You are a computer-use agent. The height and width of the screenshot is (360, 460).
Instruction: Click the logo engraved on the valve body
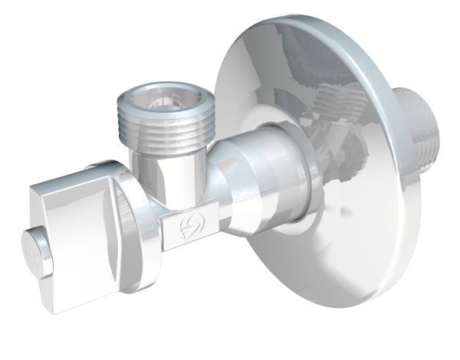pos(186,227)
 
